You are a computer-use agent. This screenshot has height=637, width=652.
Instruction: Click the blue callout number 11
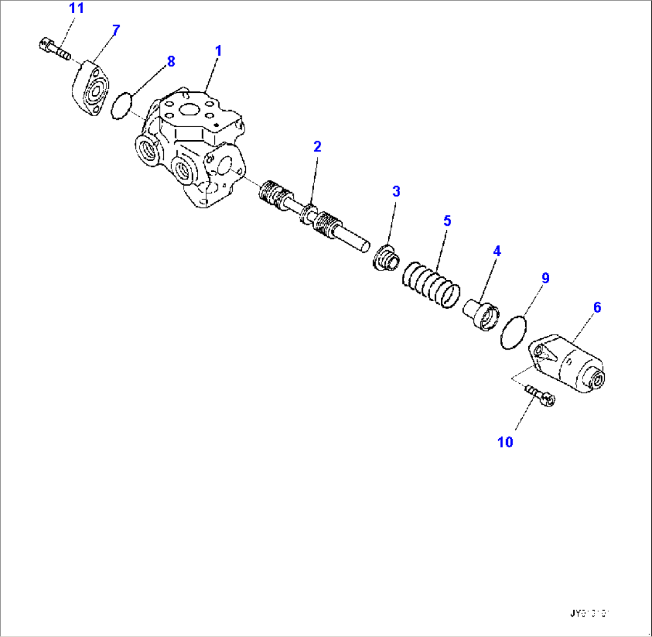click(77, 9)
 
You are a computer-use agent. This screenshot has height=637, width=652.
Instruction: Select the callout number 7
click(116, 29)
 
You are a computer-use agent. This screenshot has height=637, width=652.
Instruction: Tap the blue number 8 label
click(171, 60)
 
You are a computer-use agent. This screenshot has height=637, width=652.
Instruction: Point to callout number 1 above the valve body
click(218, 51)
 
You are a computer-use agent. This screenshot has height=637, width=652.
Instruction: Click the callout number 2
click(317, 146)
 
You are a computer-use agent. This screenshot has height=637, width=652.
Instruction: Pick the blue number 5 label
click(446, 220)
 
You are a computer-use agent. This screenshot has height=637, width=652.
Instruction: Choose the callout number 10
click(505, 442)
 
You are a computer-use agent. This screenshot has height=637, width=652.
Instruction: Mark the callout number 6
click(597, 307)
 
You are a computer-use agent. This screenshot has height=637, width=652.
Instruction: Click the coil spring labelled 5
click(431, 284)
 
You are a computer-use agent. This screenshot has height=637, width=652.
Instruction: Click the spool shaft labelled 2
click(311, 219)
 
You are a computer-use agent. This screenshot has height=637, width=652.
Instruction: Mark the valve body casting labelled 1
click(191, 150)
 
